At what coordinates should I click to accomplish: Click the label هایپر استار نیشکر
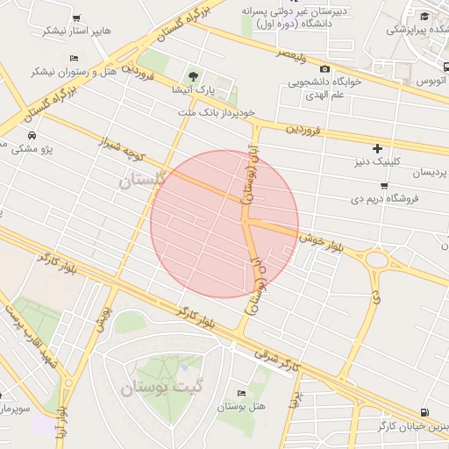(x=77, y=30)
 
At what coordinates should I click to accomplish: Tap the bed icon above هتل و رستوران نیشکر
(x=73, y=58)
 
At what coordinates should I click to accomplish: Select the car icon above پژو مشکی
(x=32, y=136)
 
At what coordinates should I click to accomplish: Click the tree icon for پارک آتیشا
(x=193, y=75)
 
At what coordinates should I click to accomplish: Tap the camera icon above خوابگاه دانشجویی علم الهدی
(x=325, y=68)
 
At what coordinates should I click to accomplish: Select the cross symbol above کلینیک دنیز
(x=377, y=149)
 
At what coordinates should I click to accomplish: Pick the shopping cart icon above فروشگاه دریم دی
(x=384, y=185)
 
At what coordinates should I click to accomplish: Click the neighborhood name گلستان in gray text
(x=141, y=180)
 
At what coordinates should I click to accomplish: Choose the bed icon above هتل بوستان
(x=241, y=394)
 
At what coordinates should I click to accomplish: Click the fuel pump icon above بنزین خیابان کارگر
(x=424, y=412)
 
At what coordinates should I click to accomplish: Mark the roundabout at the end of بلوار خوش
(x=377, y=260)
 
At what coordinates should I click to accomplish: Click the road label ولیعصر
(x=292, y=53)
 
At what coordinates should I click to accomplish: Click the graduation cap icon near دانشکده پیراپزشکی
(x=424, y=16)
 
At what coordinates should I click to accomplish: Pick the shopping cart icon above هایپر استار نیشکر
(x=77, y=17)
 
